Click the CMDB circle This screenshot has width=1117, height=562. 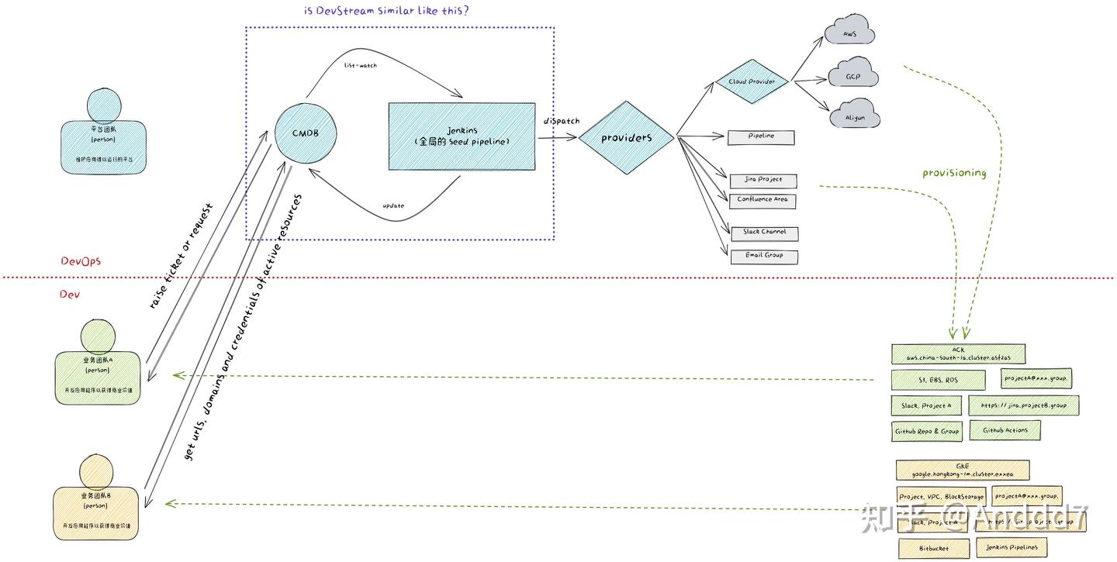(x=305, y=133)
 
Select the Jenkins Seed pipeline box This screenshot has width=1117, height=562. (x=462, y=136)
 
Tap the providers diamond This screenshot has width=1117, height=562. (x=626, y=137)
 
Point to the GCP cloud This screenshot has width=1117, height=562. (x=852, y=77)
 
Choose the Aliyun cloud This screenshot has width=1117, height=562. (x=853, y=118)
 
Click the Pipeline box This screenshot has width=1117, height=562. (x=761, y=136)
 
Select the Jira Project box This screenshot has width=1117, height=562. (x=763, y=180)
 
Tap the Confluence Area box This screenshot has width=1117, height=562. (x=763, y=200)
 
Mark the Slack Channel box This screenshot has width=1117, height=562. (x=764, y=233)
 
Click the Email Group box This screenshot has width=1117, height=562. (x=764, y=256)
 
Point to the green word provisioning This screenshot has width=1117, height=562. (x=953, y=173)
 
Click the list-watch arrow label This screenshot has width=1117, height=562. (x=360, y=66)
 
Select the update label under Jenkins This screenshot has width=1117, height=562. (x=393, y=206)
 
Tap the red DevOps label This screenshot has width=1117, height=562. (x=81, y=261)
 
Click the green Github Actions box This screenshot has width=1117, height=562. (x=1005, y=430)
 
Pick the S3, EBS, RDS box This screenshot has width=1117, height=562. (x=938, y=380)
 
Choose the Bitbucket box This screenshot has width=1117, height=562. (x=933, y=548)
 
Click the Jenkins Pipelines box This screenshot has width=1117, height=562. (x=1011, y=547)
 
